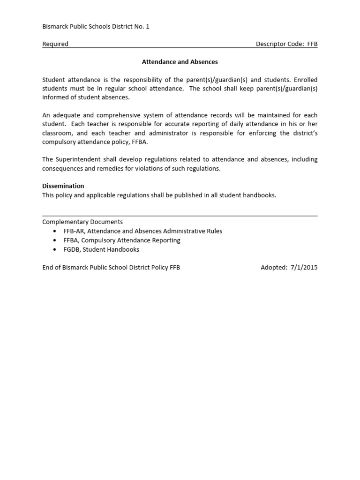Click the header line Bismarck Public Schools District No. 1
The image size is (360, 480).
point(96,27)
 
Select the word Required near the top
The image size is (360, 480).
point(55,44)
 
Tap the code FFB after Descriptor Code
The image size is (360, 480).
point(312,44)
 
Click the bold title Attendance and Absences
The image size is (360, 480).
point(180,62)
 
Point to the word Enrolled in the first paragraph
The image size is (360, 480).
point(305,80)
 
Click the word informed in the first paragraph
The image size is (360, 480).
point(56,98)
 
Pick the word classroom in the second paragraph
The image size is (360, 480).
point(56,133)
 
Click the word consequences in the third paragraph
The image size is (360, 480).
point(61,169)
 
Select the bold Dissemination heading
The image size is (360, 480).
point(63,186)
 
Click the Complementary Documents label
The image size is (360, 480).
point(82,222)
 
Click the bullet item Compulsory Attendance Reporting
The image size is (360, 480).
point(131,240)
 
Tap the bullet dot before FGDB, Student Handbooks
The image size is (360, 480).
point(55,250)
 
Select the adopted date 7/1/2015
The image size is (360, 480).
point(303,268)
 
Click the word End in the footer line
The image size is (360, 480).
point(48,268)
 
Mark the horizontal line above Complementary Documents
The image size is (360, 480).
point(180,216)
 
